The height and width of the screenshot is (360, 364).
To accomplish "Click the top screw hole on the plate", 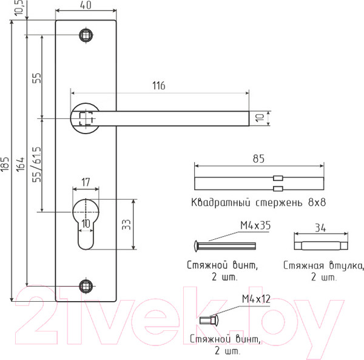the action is [x=86, y=35].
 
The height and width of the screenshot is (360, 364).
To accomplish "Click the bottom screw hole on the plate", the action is [x=86, y=286].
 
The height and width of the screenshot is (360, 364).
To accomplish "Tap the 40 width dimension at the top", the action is [x=86, y=5].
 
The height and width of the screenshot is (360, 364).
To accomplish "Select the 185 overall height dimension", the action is [x=5, y=164].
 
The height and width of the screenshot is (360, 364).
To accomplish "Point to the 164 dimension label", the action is [x=21, y=165].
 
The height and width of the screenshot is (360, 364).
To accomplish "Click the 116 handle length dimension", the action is [x=159, y=86].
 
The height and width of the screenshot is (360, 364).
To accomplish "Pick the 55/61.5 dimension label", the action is [x=36, y=164].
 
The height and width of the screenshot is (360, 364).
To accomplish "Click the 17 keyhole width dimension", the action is [x=86, y=182].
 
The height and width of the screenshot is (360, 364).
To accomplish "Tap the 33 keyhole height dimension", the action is [x=127, y=225].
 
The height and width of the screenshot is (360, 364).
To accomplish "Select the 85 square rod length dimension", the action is [x=258, y=158].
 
